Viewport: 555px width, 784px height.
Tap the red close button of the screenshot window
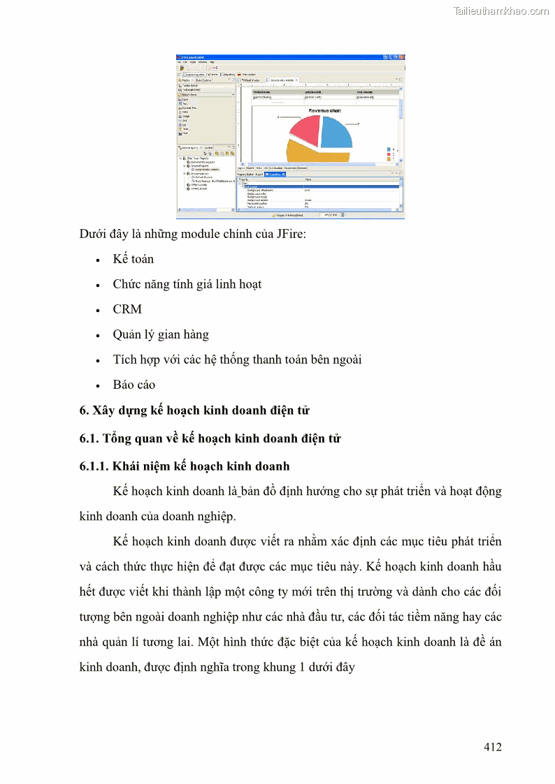[x=401, y=57]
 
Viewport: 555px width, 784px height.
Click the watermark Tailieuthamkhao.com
[x=500, y=10]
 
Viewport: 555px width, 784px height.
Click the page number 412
[x=492, y=747]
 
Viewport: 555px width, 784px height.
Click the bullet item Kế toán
[x=134, y=259]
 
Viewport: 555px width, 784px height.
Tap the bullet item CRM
[x=127, y=309]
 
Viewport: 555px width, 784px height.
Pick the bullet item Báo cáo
[x=134, y=385]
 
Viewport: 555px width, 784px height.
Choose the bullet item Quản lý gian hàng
[x=161, y=334]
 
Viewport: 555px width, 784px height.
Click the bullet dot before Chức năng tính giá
[x=98, y=285]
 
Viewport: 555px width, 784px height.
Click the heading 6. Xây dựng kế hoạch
[x=194, y=411]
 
